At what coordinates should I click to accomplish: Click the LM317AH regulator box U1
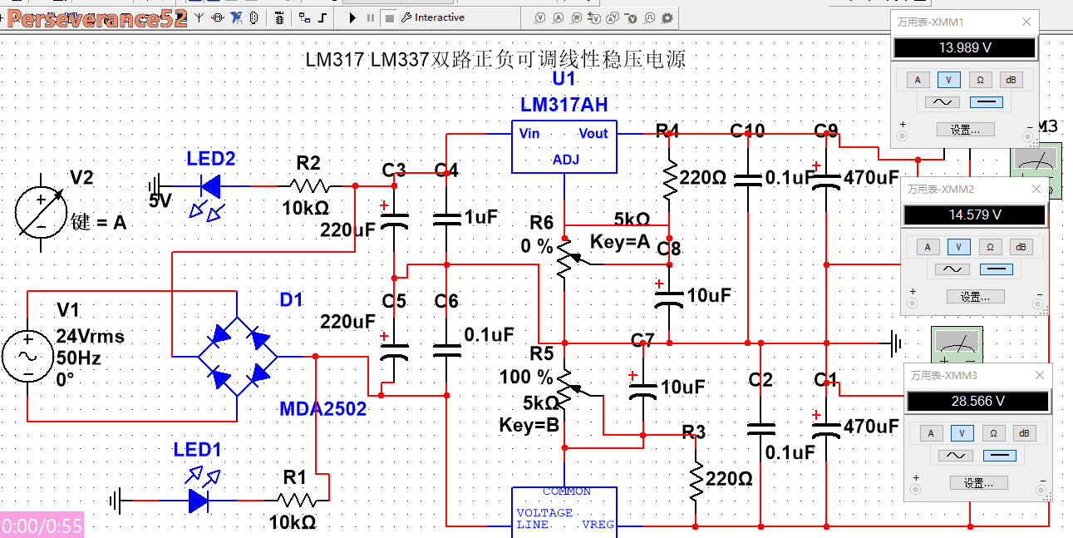[x=564, y=147]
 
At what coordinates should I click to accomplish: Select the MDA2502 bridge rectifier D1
[x=238, y=357]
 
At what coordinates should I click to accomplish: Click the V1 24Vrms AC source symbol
[x=27, y=356]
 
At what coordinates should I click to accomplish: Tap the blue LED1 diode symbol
[x=199, y=501]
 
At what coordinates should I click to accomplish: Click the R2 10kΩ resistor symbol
[x=309, y=185]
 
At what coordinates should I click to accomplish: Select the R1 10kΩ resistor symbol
[x=296, y=501]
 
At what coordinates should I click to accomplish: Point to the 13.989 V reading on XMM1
[x=964, y=48]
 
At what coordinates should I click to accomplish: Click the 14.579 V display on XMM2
[x=974, y=215]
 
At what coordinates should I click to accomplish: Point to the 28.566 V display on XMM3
[x=977, y=401]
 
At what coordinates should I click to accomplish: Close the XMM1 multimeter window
[x=1026, y=22]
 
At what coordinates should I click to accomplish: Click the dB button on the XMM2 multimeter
[x=1021, y=247]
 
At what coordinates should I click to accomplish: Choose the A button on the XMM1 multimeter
[x=918, y=80]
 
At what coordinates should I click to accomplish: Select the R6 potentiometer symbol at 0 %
[x=565, y=257]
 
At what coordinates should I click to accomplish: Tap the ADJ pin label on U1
[x=565, y=160]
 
